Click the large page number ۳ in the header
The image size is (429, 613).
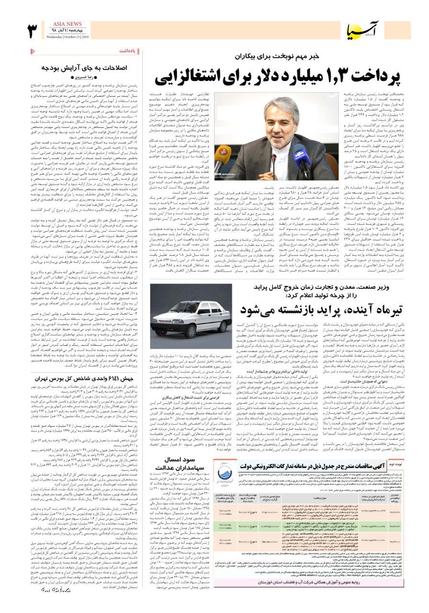33,31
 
